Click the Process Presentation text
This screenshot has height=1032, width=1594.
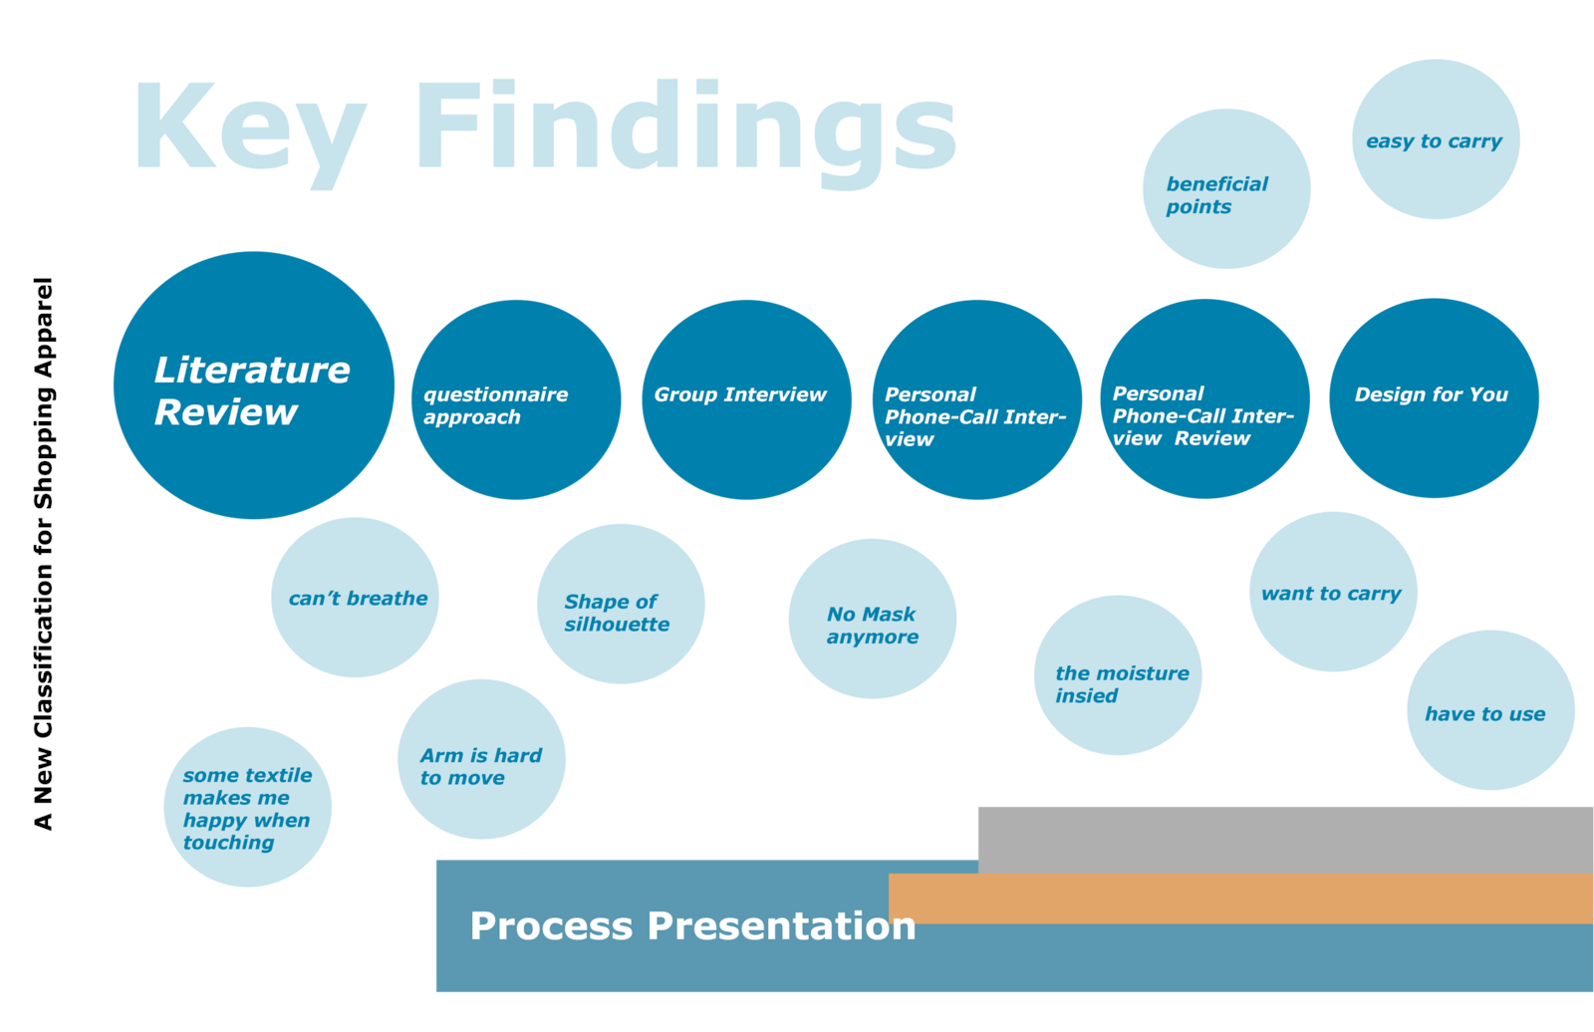click(x=692, y=926)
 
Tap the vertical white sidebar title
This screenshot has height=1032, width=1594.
click(x=46, y=540)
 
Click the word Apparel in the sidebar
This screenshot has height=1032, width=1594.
click(x=44, y=327)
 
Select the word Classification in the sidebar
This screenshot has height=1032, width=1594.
click(x=44, y=649)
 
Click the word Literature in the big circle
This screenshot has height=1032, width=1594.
click(x=252, y=371)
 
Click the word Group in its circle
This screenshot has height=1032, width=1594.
click(x=685, y=394)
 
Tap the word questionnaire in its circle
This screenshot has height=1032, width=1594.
click(x=495, y=394)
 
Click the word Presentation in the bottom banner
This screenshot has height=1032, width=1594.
click(x=781, y=926)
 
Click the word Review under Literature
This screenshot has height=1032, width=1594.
click(x=226, y=412)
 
